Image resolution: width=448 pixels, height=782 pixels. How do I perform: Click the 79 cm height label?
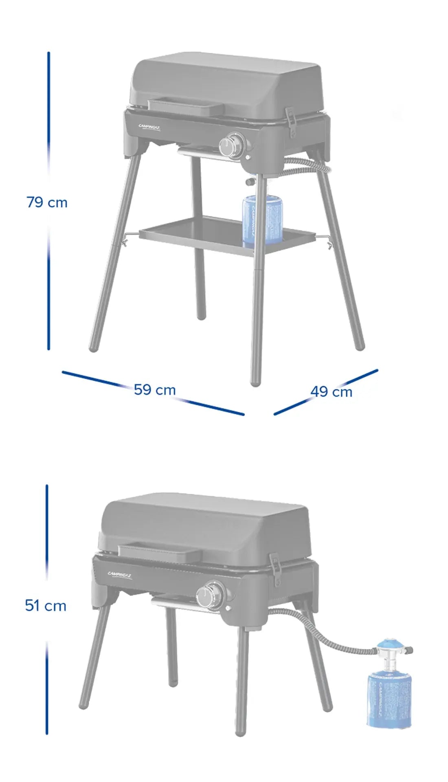click(47, 202)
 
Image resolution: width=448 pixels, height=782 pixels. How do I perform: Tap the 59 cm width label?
click(155, 390)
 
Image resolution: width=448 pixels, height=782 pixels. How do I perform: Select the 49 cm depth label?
click(331, 392)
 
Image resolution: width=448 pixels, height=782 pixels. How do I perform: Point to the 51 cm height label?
click(46, 606)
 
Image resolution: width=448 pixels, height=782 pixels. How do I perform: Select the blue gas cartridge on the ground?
click(389, 701)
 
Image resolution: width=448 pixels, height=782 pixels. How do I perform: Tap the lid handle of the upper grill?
click(186, 106)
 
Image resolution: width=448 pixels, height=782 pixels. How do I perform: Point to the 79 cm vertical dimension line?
click(48, 122)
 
